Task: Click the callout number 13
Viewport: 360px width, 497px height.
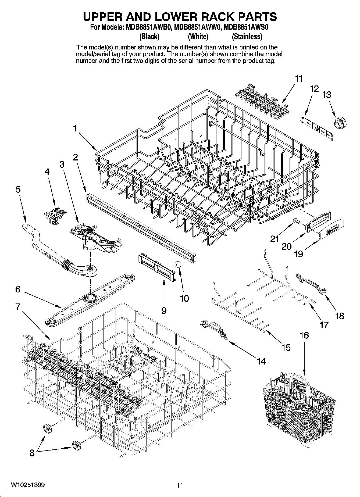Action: click(327, 95)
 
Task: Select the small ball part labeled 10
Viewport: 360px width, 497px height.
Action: click(177, 264)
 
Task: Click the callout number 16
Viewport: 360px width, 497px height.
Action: click(304, 335)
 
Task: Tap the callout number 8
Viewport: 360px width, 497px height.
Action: click(32, 453)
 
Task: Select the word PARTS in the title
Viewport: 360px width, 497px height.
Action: click(253, 17)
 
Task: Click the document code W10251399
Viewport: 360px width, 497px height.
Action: click(28, 485)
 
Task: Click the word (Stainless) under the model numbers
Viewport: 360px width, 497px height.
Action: click(247, 36)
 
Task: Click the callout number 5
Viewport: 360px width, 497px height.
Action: click(18, 189)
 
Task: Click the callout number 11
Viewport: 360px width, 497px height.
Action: click(299, 79)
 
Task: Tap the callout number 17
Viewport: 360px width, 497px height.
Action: click(324, 325)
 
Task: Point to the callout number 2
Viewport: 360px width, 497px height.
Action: click(75, 157)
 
